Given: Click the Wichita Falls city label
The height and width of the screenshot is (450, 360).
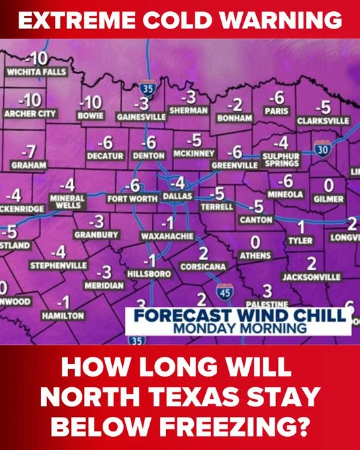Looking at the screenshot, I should [36, 71].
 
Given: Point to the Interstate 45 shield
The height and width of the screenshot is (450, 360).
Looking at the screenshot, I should [225, 292].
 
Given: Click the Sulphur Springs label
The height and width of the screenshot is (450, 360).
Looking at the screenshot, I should [281, 159].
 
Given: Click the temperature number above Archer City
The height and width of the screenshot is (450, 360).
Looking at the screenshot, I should [30, 101].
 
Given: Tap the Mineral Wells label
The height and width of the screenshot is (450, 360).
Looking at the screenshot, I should [67, 201].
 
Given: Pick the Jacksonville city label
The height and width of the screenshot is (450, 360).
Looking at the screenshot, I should [311, 277].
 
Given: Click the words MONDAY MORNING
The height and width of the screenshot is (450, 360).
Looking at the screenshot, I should [239, 327].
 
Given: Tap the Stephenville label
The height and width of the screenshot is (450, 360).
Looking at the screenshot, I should [58, 265].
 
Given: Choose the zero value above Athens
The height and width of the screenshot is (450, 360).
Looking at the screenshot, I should [255, 241].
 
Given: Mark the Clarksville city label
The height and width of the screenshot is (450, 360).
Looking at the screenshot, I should [323, 121].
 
